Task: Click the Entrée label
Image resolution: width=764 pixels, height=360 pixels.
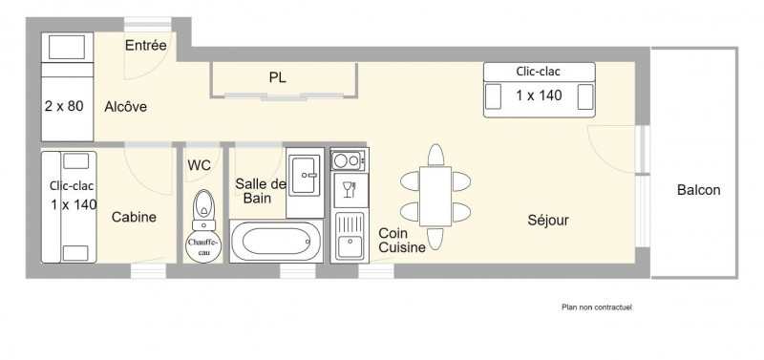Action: pos(146,45)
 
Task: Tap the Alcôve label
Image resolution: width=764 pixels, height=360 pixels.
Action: pos(126,107)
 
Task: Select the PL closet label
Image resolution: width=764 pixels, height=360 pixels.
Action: pos(277,77)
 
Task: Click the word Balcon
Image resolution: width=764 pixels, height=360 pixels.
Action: pos(698,190)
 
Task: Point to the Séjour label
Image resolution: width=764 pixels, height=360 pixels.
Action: pos(548,221)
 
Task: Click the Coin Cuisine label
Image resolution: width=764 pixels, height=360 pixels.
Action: pos(402,241)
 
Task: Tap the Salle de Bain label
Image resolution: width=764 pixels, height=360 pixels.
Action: pos(261,191)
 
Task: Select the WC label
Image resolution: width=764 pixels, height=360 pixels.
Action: pos(200,165)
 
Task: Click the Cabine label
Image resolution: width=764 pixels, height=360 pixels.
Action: pos(134,218)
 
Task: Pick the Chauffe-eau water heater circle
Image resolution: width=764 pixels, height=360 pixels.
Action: pos(203,246)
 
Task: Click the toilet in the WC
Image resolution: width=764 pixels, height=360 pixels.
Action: pos(203,209)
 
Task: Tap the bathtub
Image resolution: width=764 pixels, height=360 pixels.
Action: pos(276,242)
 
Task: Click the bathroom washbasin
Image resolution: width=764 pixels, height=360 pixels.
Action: pos(305,175)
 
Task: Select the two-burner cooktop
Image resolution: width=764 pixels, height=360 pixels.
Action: pos(349,160)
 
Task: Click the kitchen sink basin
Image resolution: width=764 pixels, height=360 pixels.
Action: pos(350,245)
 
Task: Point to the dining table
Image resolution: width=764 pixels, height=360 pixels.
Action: pos(435,197)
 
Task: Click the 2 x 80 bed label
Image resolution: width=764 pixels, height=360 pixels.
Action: pos(64,106)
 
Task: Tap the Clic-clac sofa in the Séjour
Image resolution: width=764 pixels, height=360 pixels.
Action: pos(540,90)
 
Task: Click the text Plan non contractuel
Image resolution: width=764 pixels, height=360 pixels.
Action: pos(596,307)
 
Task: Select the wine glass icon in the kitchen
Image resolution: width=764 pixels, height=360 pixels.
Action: pos(348,190)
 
